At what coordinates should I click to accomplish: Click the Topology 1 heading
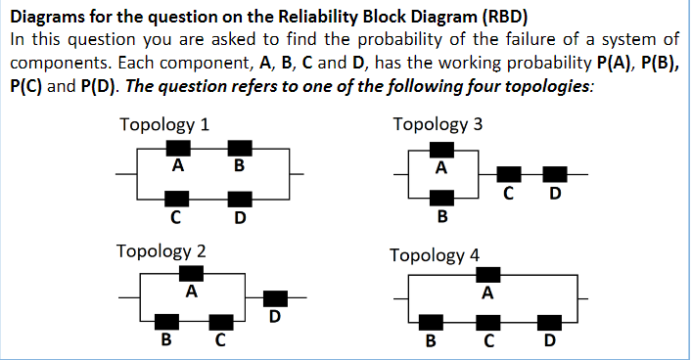162,125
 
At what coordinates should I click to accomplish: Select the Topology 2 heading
161,250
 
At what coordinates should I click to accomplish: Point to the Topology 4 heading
435,255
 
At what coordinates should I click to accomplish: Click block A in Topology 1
177,148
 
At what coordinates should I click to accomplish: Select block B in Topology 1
240,148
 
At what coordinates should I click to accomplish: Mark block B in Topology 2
167,321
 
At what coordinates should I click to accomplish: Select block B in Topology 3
441,200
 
